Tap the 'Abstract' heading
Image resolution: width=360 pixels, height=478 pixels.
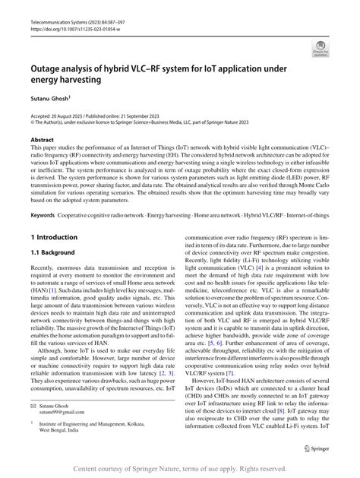42,141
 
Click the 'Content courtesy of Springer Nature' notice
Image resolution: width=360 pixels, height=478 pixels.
180,469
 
